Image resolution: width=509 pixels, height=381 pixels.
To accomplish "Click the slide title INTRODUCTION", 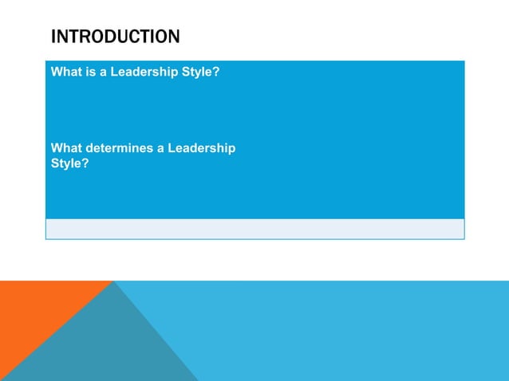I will pos(115,37).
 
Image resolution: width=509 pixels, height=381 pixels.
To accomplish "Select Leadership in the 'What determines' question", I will pos(204,148).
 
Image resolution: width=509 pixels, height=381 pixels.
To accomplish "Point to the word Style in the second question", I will pos(67,163).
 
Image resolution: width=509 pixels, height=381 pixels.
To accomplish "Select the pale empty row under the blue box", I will pos(254,229).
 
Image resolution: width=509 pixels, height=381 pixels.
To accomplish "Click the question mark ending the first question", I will pos(216,72).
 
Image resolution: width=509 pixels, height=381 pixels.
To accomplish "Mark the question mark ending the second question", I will pos(85,163).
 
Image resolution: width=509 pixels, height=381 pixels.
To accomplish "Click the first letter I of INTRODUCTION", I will pos(53,37).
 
